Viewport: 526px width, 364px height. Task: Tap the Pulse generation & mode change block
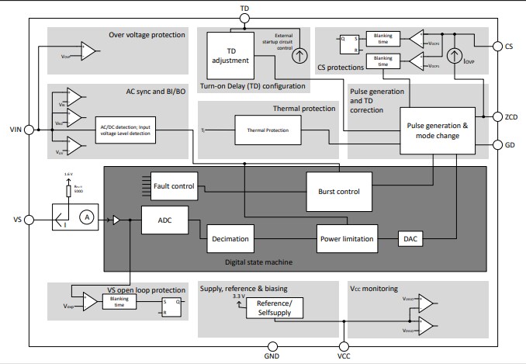coord(436,130)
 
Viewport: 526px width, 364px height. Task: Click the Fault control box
coord(175,185)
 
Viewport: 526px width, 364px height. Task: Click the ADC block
coord(164,220)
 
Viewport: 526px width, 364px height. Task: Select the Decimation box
coord(230,239)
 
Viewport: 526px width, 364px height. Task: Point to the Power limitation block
coord(347,239)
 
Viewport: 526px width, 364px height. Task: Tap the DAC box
coord(410,239)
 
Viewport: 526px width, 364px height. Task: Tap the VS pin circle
coord(29,220)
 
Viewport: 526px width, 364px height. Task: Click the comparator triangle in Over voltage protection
coord(89,53)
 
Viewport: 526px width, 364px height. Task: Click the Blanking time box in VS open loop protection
coord(119,301)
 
